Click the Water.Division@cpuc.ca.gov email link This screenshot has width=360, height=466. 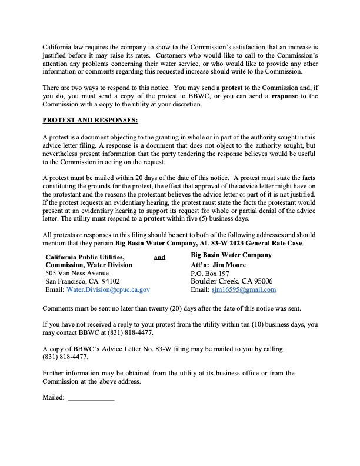(x=108, y=290)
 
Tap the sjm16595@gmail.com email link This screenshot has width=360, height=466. (x=244, y=290)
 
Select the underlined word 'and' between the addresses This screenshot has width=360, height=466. (x=159, y=257)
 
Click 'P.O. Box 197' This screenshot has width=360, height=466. (x=210, y=274)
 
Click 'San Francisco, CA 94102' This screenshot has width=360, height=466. (x=82, y=282)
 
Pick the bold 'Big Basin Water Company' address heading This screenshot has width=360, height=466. (x=231, y=255)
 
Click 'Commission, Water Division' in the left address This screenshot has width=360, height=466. (x=89, y=265)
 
